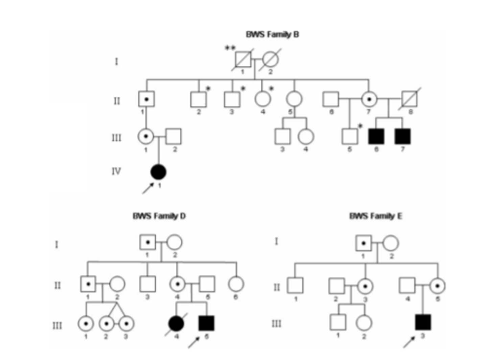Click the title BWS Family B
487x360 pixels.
tap(272, 34)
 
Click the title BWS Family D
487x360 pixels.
tap(159, 216)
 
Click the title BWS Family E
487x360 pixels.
tap(375, 216)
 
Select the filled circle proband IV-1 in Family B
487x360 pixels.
tap(158, 172)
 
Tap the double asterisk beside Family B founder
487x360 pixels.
tap(230, 48)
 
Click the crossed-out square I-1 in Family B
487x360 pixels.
tap(243, 60)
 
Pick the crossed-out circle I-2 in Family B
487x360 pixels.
tap(271, 60)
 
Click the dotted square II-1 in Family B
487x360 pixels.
tap(146, 99)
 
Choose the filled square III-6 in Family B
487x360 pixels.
tap(376, 136)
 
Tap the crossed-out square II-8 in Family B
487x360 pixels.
tap(410, 99)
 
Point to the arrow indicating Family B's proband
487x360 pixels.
tap(147, 188)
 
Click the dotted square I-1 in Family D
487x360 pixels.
tap(147, 242)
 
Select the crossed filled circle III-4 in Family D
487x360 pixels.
tap(176, 323)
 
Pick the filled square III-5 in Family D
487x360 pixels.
tap(206, 323)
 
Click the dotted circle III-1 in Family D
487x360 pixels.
tap(86, 323)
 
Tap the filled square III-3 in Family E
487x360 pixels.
tap(423, 322)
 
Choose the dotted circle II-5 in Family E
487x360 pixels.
tap(438, 286)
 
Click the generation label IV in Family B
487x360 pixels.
tap(116, 171)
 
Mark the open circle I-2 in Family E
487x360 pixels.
tap(391, 243)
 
